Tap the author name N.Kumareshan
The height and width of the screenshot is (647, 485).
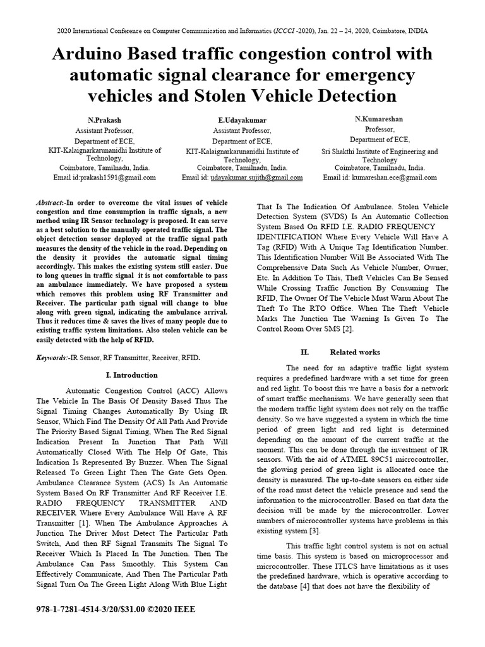tap(380, 119)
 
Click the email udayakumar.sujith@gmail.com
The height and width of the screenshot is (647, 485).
tap(256, 178)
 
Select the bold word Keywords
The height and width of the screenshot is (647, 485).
tap(52, 358)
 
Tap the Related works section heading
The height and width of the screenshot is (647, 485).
tap(357, 352)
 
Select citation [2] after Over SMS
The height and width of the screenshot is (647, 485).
tap(347, 329)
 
